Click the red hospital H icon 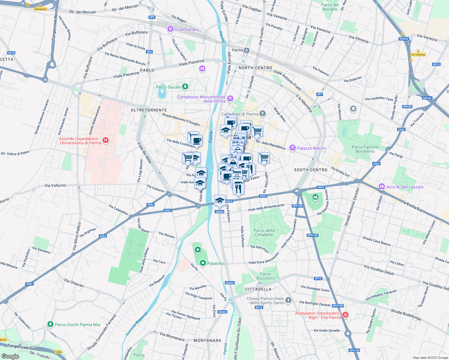105,140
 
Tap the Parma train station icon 246,50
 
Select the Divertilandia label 186,29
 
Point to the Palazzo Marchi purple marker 292,148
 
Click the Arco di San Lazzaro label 405,187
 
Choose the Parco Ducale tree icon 185,87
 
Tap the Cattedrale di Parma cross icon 263,113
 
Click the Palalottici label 217,263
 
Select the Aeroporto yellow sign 41,9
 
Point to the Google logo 10,356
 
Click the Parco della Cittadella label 264,232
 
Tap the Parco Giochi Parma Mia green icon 50,324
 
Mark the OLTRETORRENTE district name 149,110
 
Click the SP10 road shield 11,53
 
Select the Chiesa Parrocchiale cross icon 288,300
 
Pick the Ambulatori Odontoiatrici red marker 345,315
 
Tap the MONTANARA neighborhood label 207,340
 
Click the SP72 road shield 436,64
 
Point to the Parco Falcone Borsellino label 365,149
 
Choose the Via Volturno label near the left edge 55,185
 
